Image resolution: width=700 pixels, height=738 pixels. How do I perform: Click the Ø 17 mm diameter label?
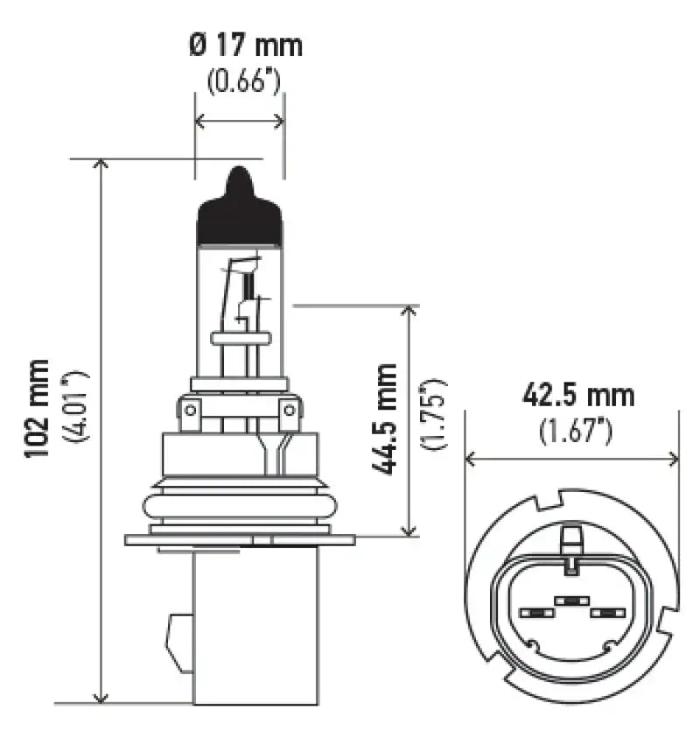click(245, 45)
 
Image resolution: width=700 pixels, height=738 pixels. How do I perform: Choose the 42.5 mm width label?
click(577, 396)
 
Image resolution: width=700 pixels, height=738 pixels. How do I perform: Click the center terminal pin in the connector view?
click(570, 602)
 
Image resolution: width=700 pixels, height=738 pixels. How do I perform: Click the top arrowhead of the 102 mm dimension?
click(101, 165)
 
